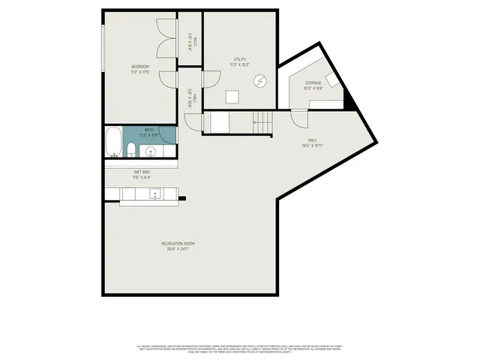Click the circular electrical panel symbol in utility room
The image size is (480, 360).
260,81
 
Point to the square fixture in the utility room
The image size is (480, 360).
232,95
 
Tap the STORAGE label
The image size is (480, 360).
313,82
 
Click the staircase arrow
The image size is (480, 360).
260,119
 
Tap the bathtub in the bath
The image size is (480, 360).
112,142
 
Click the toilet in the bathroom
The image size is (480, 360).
130,148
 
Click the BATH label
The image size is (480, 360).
150,130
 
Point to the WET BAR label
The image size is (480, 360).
142,172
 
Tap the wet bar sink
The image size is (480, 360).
155,194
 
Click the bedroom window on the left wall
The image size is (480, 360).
103,49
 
